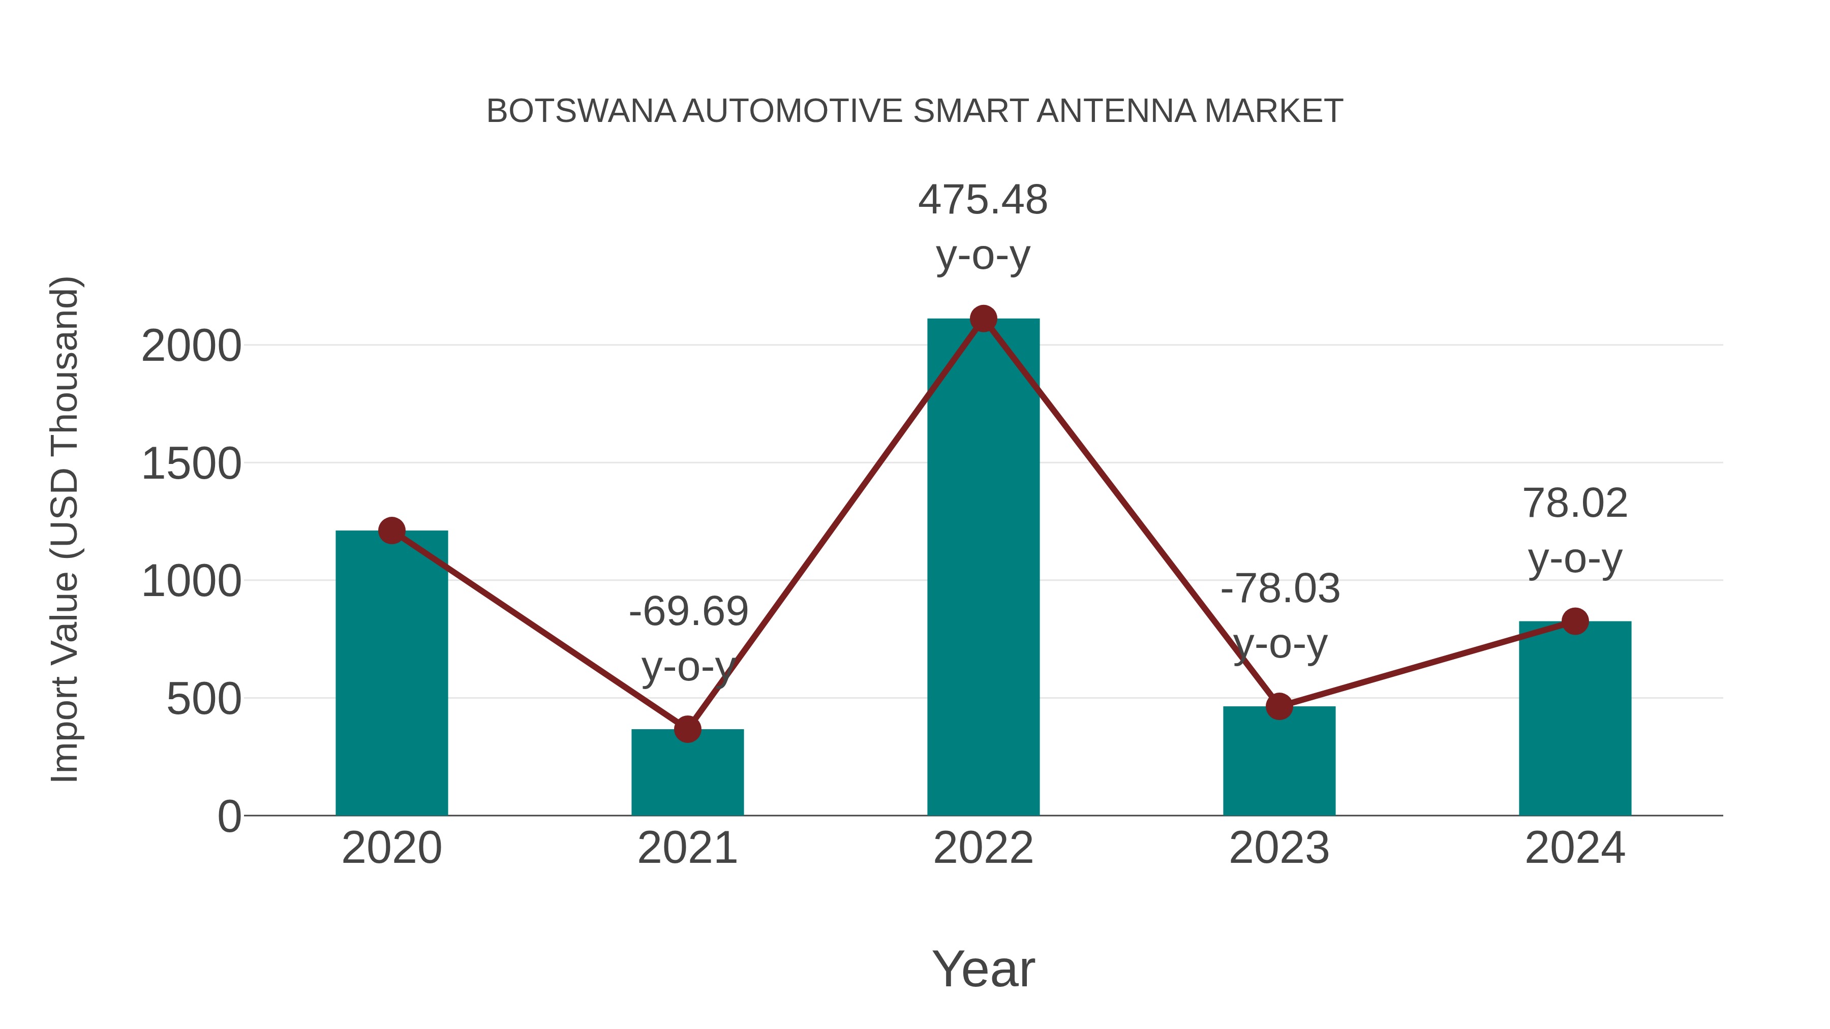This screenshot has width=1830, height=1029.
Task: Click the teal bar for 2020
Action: [391, 675]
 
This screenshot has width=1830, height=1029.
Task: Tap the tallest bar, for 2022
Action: [983, 568]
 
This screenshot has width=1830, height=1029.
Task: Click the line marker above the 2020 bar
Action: [391, 531]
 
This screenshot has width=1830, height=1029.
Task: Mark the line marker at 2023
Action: [1279, 707]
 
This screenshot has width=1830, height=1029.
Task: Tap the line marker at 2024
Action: [1575, 621]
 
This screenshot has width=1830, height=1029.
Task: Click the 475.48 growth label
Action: [983, 200]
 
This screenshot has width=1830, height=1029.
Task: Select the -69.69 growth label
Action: [688, 612]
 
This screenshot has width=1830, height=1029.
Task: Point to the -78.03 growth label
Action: [1280, 589]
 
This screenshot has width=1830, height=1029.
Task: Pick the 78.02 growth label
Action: [1575, 504]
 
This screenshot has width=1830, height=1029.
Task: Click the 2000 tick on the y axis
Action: [191, 347]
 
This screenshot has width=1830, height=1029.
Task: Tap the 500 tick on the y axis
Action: [204, 700]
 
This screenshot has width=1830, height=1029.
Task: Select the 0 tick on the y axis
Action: [229, 817]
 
